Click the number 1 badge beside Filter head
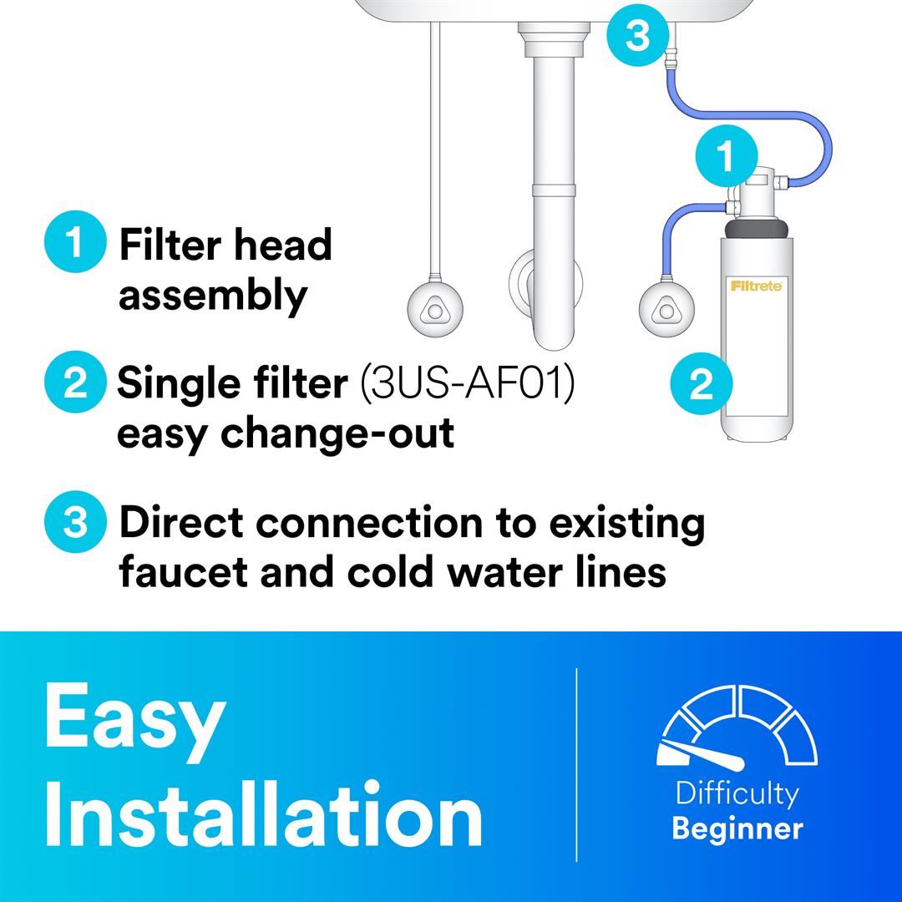(x=75, y=241)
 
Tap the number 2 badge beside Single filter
(x=75, y=382)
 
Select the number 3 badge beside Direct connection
(x=75, y=522)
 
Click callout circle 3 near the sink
(x=638, y=35)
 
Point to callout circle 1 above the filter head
(x=727, y=156)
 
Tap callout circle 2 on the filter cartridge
(x=702, y=383)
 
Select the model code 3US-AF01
(x=467, y=383)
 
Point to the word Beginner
(x=737, y=829)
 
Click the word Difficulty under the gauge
(x=737, y=794)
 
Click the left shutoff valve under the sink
(x=435, y=310)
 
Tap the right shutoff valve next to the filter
(x=666, y=310)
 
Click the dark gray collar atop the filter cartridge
(x=757, y=229)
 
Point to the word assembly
(x=213, y=296)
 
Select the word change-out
(x=337, y=433)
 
